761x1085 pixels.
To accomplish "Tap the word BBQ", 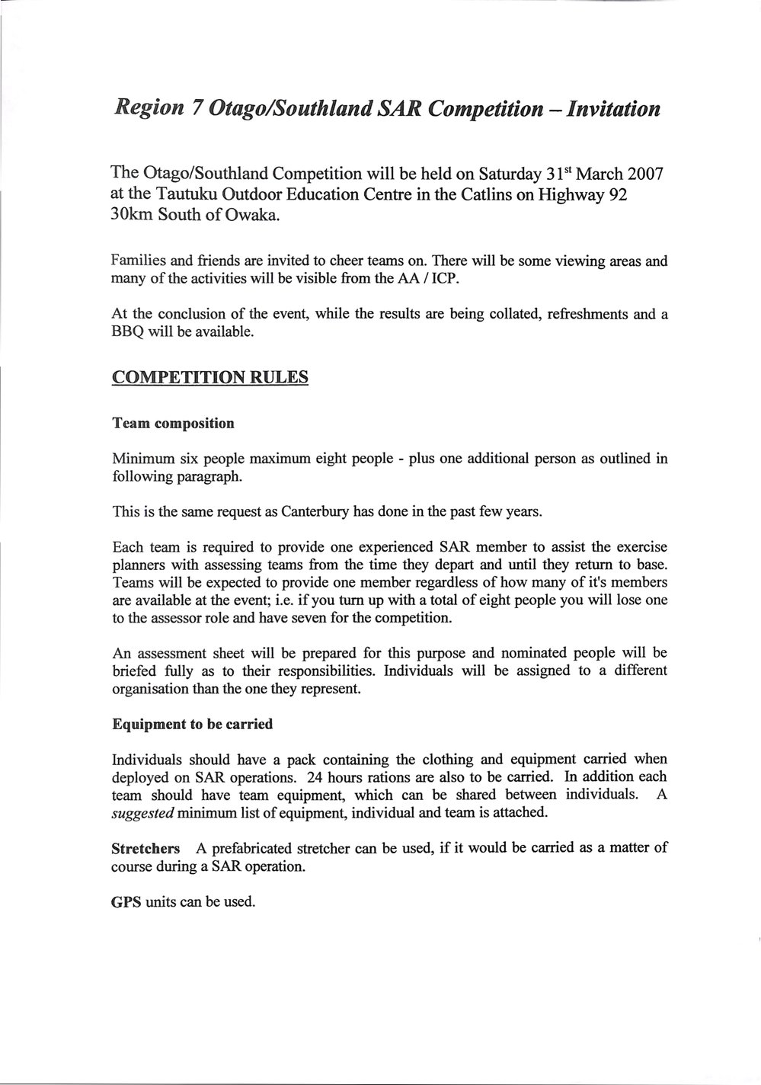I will pos(127,332).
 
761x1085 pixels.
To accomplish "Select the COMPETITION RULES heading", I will pos(209,378).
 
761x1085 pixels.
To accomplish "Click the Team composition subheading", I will pos(173,423).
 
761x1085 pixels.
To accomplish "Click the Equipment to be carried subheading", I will pos(192,725).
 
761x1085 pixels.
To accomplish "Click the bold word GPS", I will pos(126,901).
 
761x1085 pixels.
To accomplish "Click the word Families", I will pos(139,261).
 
